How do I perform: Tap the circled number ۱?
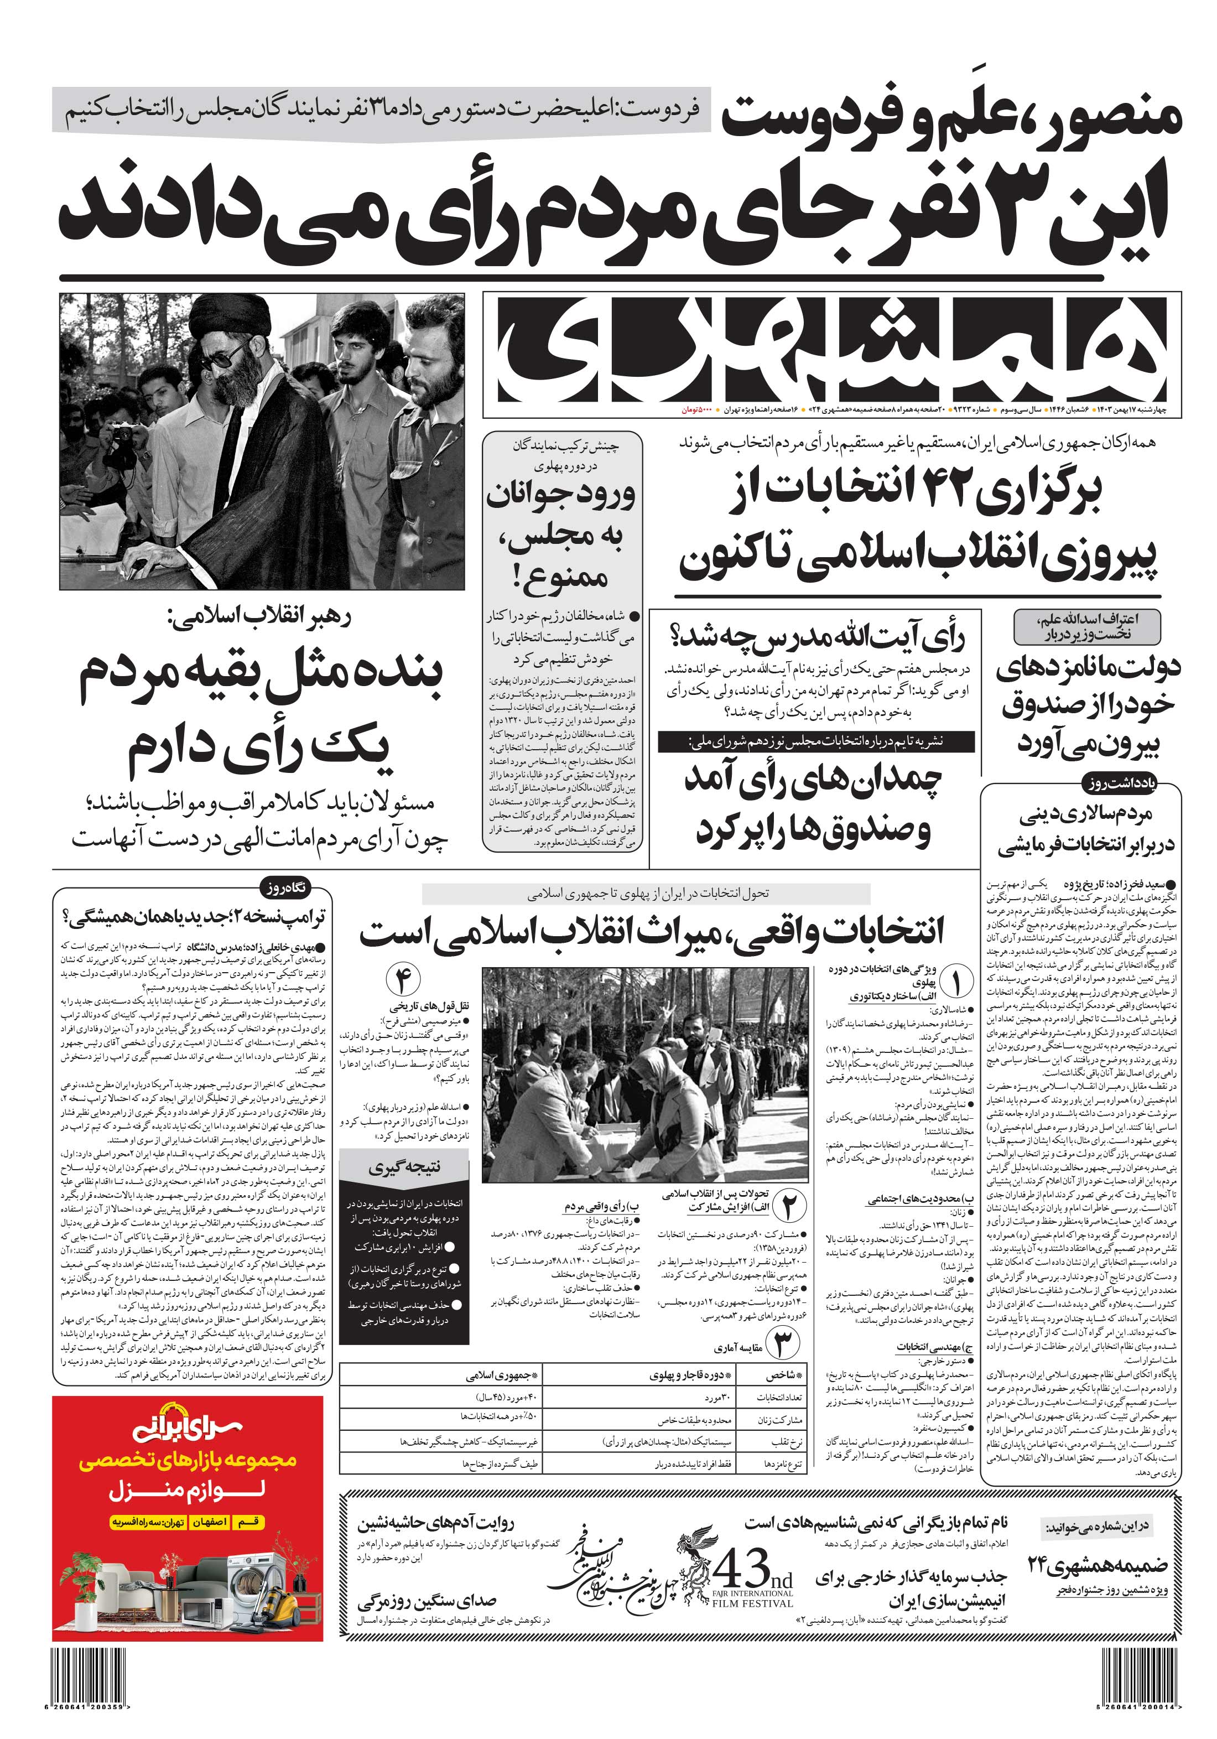[956, 984]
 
